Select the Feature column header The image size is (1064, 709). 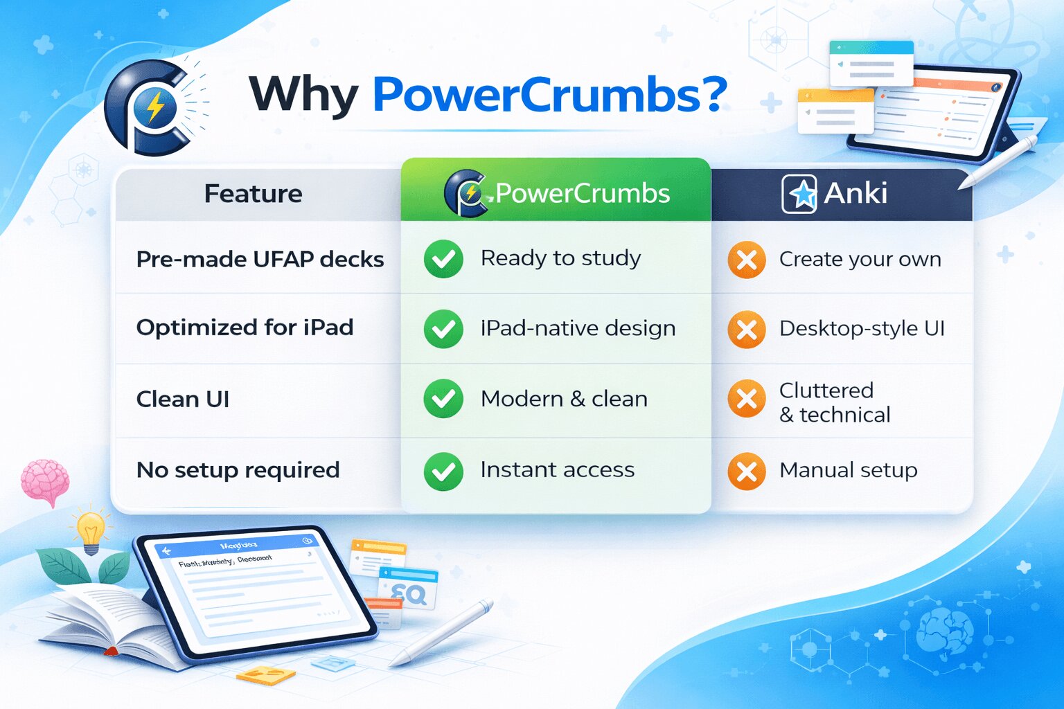pos(253,194)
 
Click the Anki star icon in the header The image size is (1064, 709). pos(799,194)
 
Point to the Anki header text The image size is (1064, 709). pos(855,193)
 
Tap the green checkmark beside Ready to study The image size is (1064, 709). pos(443,260)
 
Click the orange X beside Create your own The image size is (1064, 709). pos(747,260)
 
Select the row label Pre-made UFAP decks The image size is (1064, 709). pos(260,260)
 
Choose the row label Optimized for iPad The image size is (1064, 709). pos(245,327)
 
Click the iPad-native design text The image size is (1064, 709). pos(578,328)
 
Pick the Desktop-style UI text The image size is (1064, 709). pos(862,328)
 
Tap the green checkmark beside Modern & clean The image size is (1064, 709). pos(443,399)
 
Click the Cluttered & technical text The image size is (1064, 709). pos(834,402)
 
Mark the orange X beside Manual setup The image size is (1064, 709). pos(747,472)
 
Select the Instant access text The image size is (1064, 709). pos(557,470)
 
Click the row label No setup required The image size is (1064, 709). pos(238,470)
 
